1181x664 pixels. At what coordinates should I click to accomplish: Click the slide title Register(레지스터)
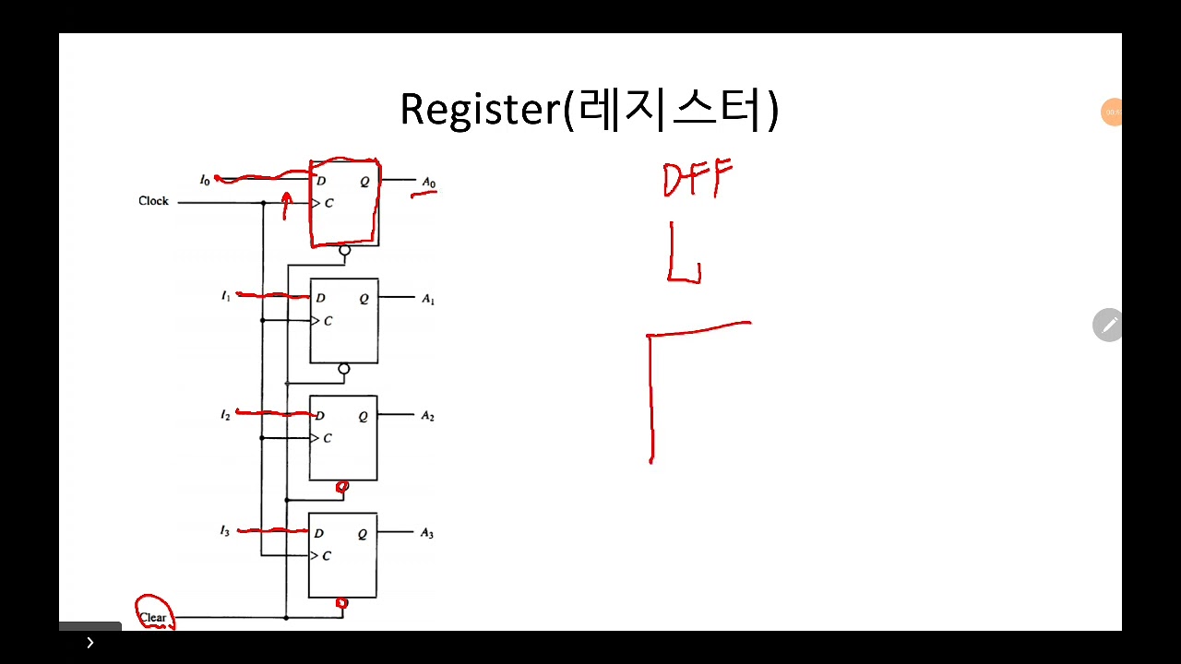[x=589, y=110]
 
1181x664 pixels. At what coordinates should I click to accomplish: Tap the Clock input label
[x=153, y=201]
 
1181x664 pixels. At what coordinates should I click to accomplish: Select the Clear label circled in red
[x=153, y=617]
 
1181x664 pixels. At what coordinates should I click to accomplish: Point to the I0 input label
[x=205, y=180]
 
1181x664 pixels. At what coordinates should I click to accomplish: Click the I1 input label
[x=225, y=296]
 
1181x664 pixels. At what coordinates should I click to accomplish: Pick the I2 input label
[x=225, y=416]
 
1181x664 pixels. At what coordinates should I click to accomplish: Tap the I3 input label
[x=224, y=531]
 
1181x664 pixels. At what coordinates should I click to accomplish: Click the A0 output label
[x=428, y=182]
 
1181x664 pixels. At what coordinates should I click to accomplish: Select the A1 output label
[x=428, y=299]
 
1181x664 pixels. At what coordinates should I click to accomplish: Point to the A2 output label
[x=427, y=416]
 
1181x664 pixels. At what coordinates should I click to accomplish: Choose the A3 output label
[x=426, y=533]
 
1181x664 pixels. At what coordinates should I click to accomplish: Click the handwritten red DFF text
[x=698, y=178]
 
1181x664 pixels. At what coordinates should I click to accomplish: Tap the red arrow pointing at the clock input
[x=286, y=207]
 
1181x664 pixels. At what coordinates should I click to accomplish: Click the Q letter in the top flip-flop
[x=364, y=182]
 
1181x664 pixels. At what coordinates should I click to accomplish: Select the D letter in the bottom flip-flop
[x=318, y=533]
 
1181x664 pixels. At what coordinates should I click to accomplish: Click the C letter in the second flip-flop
[x=328, y=321]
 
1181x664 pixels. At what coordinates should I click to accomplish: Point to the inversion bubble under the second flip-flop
[x=344, y=369]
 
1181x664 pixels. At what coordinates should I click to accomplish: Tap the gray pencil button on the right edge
[x=1109, y=325]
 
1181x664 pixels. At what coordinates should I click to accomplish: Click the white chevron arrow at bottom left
[x=89, y=643]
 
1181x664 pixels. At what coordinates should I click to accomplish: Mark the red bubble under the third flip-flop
[x=342, y=486]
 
